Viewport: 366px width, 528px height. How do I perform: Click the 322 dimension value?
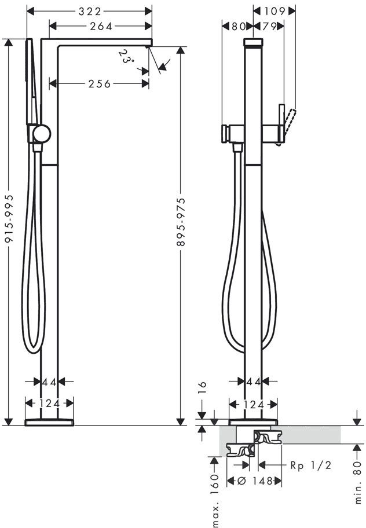(x=90, y=12)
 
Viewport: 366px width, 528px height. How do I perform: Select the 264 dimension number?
(x=101, y=26)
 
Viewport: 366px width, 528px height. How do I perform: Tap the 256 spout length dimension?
(x=100, y=84)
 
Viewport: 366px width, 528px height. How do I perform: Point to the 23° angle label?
(x=126, y=57)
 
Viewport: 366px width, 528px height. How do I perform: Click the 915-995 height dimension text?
(x=9, y=218)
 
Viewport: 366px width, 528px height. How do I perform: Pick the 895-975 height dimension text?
(x=181, y=222)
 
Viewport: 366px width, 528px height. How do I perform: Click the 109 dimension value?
(x=274, y=12)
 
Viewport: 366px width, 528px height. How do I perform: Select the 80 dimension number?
(x=239, y=26)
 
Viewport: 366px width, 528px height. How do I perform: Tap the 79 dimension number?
(x=269, y=26)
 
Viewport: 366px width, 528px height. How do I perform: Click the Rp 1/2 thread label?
(x=311, y=465)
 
